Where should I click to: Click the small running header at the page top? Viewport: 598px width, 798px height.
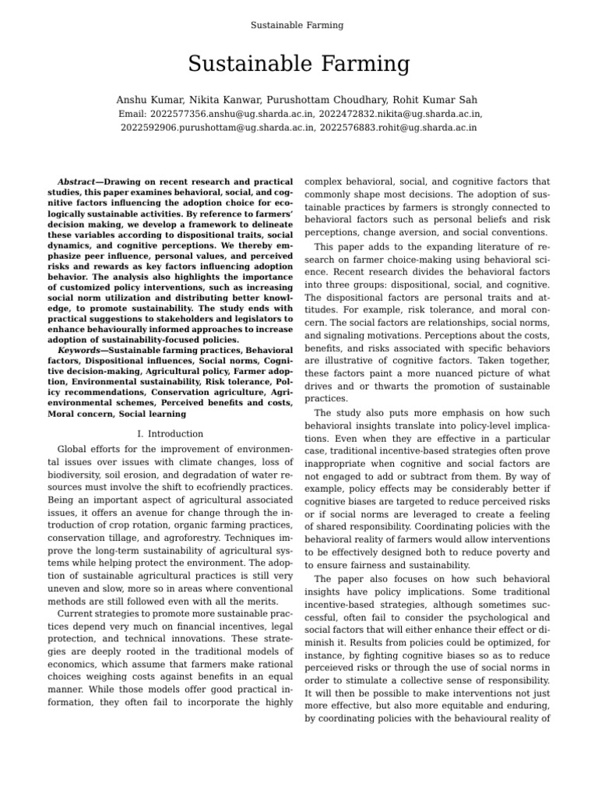point(297,25)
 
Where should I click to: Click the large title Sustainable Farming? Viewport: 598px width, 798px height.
point(299,64)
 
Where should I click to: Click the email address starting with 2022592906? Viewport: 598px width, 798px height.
point(218,127)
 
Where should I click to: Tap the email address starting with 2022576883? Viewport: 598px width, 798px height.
point(399,127)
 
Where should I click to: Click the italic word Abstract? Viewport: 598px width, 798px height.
point(76,182)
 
